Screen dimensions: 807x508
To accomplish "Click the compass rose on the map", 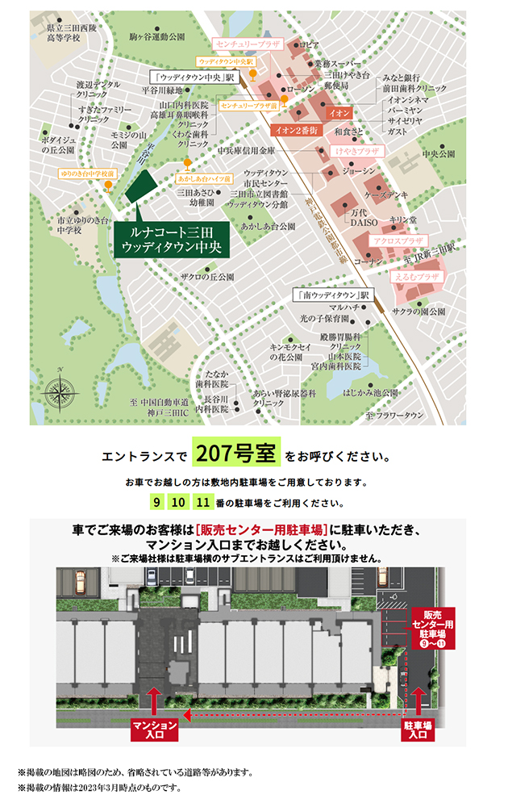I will [x=62, y=382].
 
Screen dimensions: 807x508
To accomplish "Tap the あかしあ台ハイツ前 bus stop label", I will [x=205, y=178].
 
